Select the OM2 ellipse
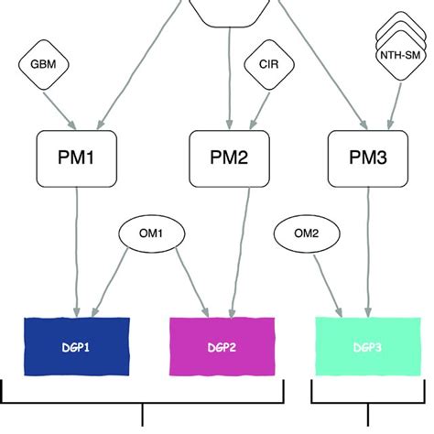(305, 233)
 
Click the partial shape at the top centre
(229, 9)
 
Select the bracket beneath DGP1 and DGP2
(143, 403)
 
